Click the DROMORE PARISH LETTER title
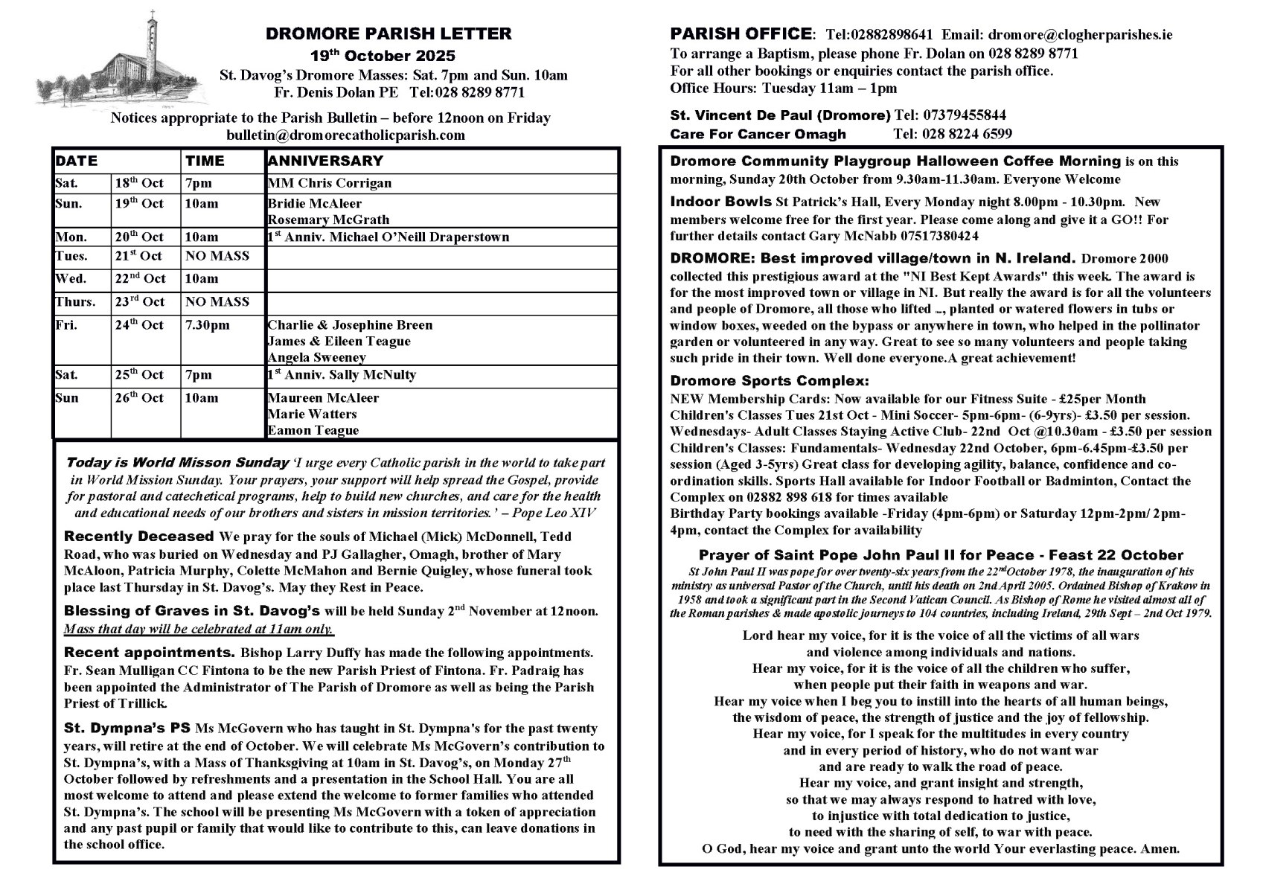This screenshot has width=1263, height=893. coord(389,33)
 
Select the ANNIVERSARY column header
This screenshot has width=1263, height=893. coord(325,161)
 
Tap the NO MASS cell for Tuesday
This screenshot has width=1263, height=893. coord(217,256)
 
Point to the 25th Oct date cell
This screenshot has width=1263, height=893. coord(139,375)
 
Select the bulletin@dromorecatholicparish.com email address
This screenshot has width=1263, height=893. coord(345,135)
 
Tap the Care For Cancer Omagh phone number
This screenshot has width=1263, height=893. coord(952,135)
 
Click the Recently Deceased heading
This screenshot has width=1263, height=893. coord(139,537)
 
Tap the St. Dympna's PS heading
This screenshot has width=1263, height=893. coord(127,729)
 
